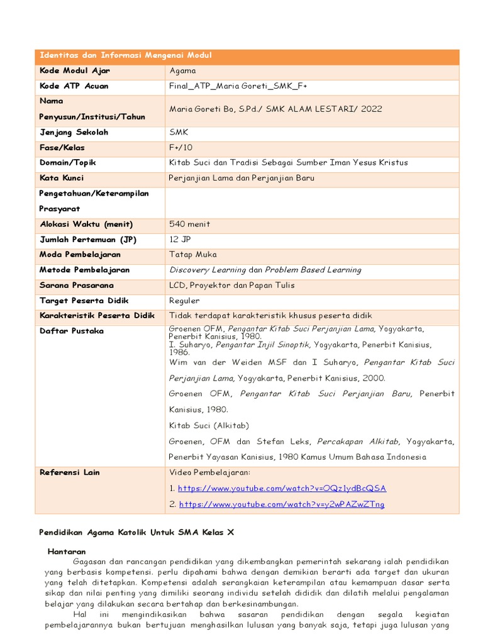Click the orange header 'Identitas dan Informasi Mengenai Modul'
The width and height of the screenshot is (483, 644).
(126, 56)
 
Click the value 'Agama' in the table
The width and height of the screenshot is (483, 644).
(183, 71)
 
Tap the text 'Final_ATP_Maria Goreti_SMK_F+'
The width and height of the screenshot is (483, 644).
(238, 86)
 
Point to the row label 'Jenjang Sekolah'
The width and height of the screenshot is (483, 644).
(74, 132)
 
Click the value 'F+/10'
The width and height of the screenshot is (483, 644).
(181, 147)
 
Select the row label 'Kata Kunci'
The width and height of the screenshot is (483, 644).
(62, 178)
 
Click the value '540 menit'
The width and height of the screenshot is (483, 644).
(190, 224)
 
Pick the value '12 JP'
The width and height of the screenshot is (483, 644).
(182, 240)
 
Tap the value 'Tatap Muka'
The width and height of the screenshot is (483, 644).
(193, 255)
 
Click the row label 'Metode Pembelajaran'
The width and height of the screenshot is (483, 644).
(85, 270)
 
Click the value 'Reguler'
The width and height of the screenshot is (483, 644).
(184, 301)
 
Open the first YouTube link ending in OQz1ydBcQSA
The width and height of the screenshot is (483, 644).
(282, 488)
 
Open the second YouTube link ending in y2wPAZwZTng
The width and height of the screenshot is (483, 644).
(282, 504)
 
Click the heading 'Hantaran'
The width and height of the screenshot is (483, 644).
(67, 551)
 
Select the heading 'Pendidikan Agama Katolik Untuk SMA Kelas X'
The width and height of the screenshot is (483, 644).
(136, 531)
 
